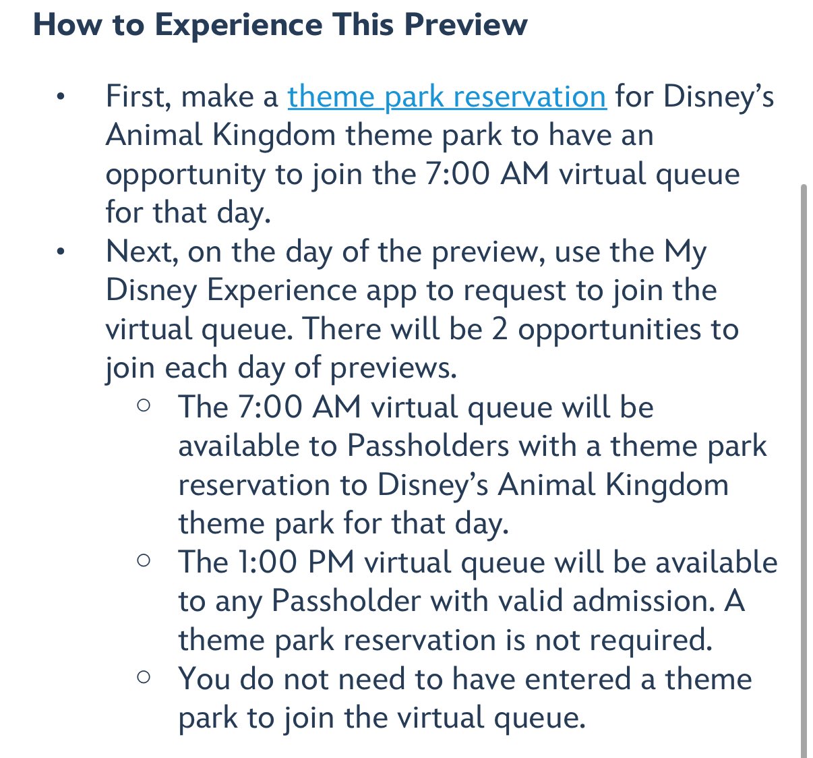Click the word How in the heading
click(67, 25)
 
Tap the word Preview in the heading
click(466, 25)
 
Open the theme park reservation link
click(447, 98)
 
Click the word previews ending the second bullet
click(393, 369)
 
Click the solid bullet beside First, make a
click(61, 97)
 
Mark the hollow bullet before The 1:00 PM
click(144, 560)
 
